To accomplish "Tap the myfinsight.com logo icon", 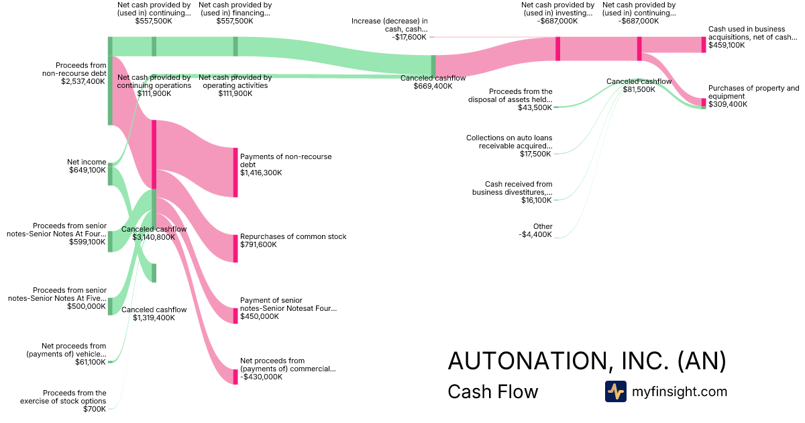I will (x=615, y=391).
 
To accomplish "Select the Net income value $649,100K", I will (x=87, y=171).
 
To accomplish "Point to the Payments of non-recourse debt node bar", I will (x=235, y=173).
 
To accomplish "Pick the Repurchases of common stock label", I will (x=293, y=236).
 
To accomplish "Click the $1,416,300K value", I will (x=261, y=173).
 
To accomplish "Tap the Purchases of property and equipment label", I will (x=753, y=92).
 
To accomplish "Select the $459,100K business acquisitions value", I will (x=727, y=45).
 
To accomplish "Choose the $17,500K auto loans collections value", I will (x=536, y=154).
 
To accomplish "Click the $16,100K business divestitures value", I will (x=536, y=200).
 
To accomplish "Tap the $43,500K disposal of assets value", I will (x=536, y=107).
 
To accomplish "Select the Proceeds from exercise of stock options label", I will (x=74, y=397).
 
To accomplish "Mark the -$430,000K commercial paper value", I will (x=261, y=377).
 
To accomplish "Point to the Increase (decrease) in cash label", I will (x=389, y=25).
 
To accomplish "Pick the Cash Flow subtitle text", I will (x=492, y=391).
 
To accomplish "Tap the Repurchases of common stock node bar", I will (x=235, y=248).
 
